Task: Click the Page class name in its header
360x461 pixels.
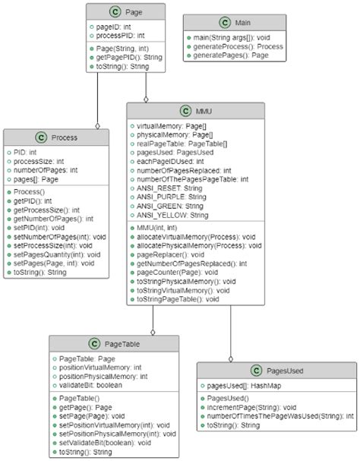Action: coord(132,12)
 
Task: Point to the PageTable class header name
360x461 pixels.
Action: coord(121,345)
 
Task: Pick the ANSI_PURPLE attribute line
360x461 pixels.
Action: coord(171,197)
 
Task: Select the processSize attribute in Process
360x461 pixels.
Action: coord(38,160)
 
